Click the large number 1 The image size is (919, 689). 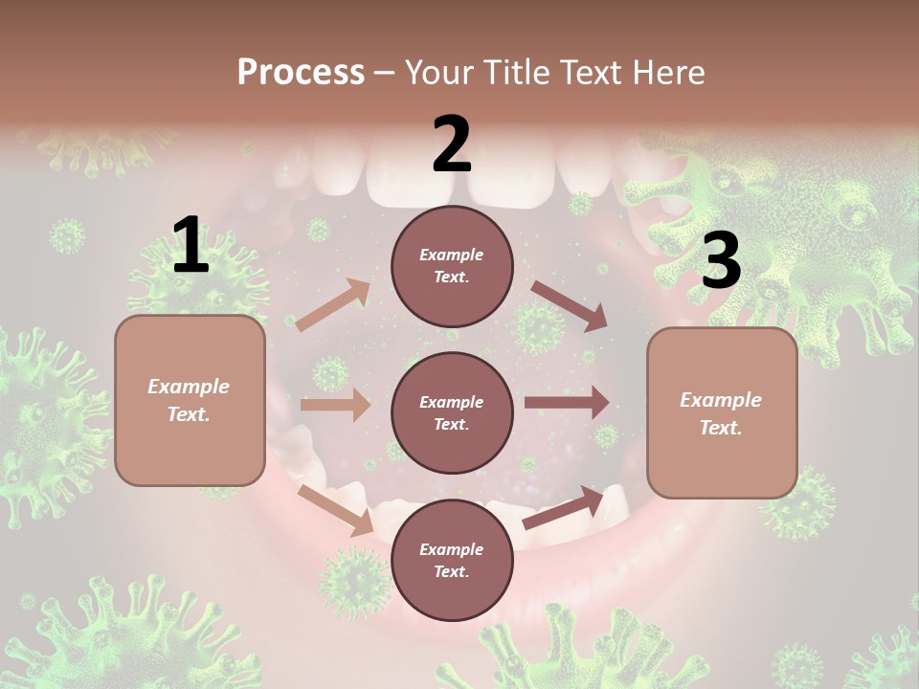pyautogui.click(x=191, y=246)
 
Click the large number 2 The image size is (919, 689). pyautogui.click(x=452, y=144)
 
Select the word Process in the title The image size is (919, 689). pyautogui.click(x=301, y=73)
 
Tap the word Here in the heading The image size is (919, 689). pyautogui.click(x=669, y=73)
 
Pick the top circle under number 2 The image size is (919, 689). pyautogui.click(x=452, y=266)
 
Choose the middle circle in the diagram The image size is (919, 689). pyautogui.click(x=452, y=412)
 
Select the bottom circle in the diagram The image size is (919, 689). pyautogui.click(x=452, y=560)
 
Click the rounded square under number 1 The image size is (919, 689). pyautogui.click(x=190, y=400)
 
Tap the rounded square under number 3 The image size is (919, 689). pyautogui.click(x=722, y=412)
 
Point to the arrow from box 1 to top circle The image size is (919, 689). pyautogui.click(x=333, y=305)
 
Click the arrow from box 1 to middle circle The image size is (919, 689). pyautogui.click(x=335, y=405)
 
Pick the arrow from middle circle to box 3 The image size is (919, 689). pyautogui.click(x=567, y=403)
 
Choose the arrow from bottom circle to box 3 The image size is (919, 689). pyautogui.click(x=563, y=508)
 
